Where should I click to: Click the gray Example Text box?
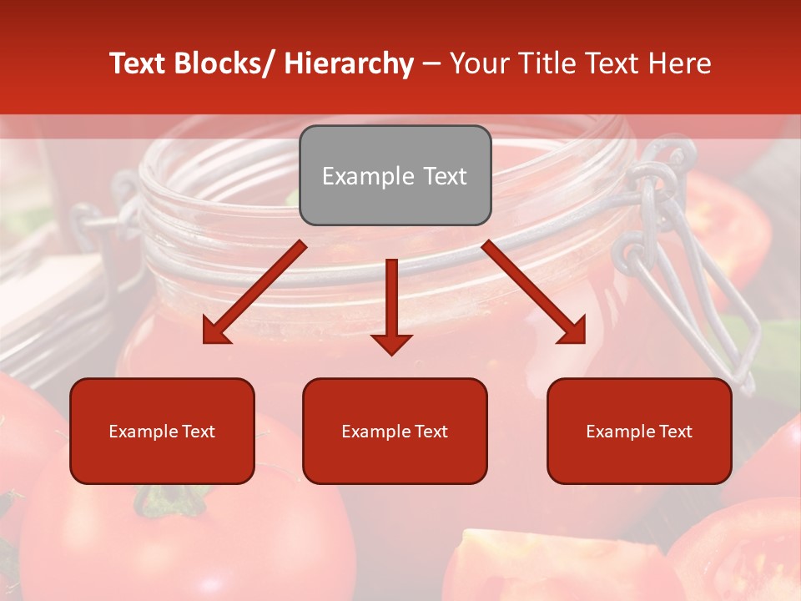(x=395, y=175)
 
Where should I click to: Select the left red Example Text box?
(x=162, y=431)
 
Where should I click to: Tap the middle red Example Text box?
(x=395, y=431)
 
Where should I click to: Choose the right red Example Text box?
(x=639, y=431)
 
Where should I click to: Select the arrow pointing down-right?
(x=535, y=293)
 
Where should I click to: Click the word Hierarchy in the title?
(x=349, y=63)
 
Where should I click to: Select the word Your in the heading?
(x=478, y=63)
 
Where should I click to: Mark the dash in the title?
(x=431, y=64)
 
